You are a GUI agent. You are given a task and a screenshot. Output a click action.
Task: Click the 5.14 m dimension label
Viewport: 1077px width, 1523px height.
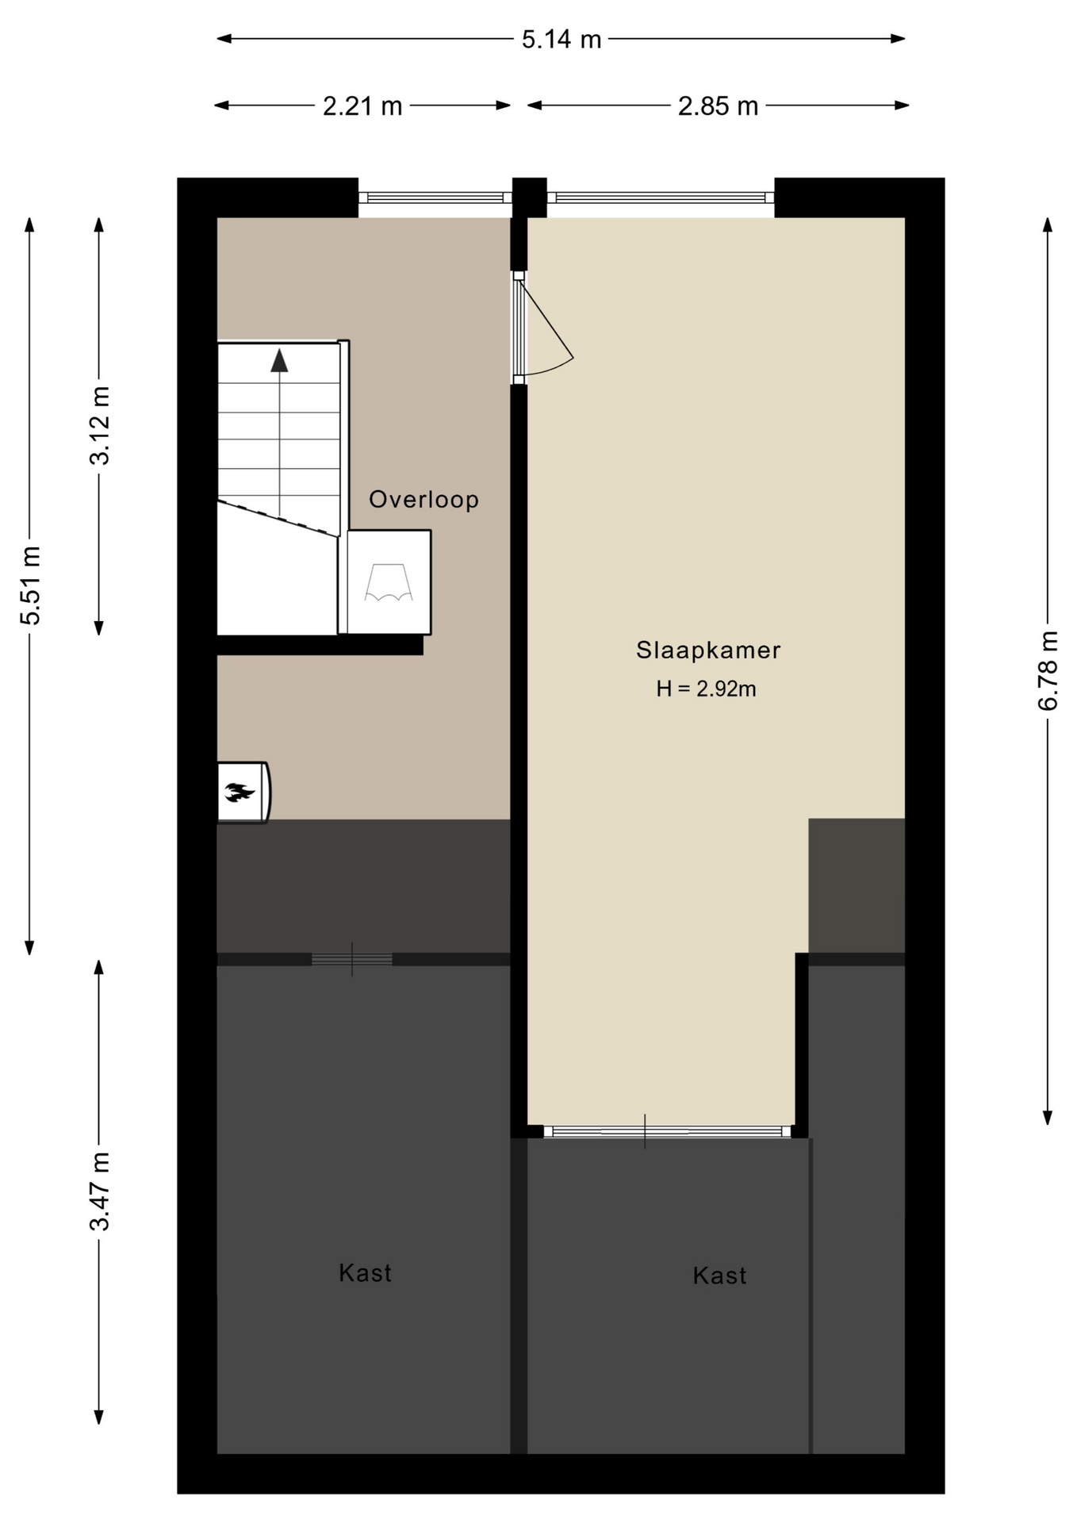(x=561, y=39)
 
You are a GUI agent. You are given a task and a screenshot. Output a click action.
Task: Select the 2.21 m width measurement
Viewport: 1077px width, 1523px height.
(x=362, y=105)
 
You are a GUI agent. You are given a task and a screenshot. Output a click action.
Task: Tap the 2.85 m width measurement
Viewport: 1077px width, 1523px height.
(x=718, y=105)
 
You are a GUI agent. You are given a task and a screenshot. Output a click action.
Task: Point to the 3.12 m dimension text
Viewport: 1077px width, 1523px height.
(x=100, y=425)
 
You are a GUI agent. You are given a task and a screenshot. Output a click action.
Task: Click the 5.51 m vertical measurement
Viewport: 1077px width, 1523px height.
(x=30, y=585)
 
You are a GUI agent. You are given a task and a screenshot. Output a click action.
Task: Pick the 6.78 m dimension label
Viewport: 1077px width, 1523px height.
(x=1048, y=670)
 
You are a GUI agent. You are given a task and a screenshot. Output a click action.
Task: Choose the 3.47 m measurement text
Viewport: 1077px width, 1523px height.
(x=100, y=1191)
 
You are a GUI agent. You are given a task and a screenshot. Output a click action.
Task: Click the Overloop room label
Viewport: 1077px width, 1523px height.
(x=424, y=499)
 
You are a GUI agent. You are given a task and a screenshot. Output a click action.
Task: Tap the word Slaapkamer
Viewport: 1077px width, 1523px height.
(x=708, y=650)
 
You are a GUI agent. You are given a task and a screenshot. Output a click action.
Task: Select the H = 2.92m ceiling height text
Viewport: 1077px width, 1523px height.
(x=706, y=689)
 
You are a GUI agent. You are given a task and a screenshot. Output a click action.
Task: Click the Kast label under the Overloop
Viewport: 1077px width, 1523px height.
(x=365, y=1273)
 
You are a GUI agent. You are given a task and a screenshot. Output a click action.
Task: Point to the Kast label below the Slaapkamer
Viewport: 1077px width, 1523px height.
(x=719, y=1276)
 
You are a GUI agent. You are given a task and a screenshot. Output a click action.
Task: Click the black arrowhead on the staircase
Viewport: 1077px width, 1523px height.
(x=279, y=360)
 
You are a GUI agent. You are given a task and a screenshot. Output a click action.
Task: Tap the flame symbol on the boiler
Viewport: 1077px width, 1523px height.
(x=239, y=792)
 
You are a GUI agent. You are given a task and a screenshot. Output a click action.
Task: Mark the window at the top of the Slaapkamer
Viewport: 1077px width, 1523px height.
(x=661, y=198)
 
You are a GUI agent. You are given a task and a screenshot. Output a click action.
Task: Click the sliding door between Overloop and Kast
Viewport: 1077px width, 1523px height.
(x=352, y=960)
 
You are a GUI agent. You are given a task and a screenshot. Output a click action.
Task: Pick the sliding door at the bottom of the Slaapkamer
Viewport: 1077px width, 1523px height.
(x=668, y=1132)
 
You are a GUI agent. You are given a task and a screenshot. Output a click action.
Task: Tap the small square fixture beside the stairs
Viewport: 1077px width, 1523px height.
(x=389, y=582)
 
